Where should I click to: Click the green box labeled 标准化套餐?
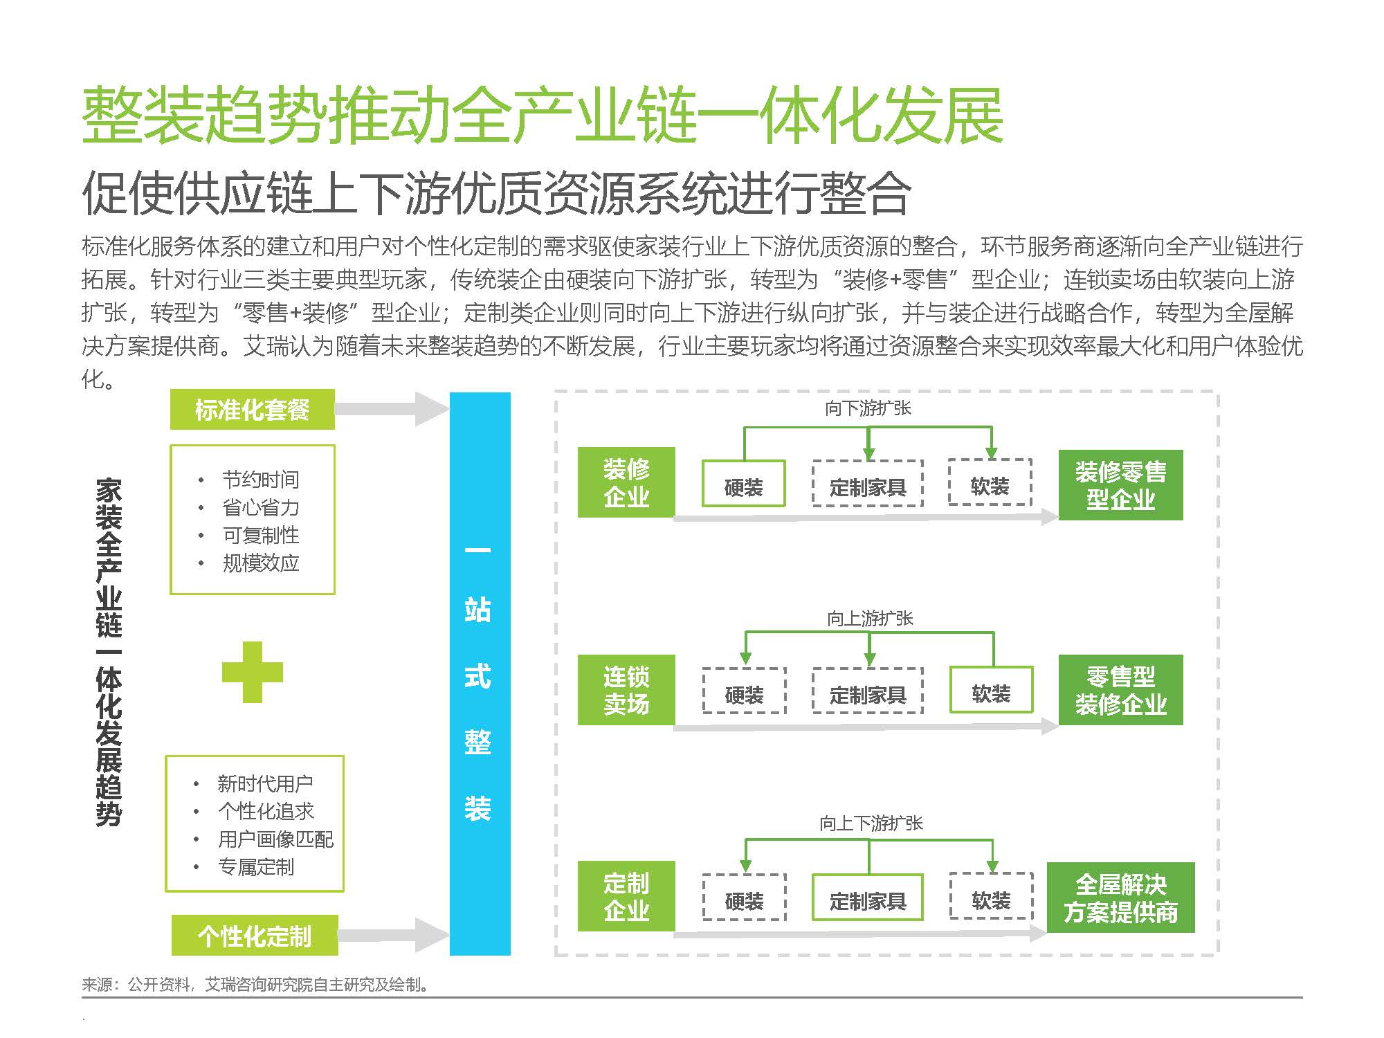pos(253,409)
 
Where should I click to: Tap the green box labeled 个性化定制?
pos(255,935)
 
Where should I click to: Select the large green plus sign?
pos(253,672)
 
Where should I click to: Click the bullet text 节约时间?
pos(261,480)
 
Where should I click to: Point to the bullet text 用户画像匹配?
pos(275,839)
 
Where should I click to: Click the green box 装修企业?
pos(626,482)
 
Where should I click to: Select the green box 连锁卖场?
pos(626,690)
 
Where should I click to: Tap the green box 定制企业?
pos(626,896)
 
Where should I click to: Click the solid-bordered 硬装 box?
pos(744,484)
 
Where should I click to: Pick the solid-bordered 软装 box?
pos(991,690)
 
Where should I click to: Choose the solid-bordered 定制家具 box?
pos(868,898)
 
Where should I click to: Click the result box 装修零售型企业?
pos(1121,485)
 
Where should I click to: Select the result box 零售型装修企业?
pos(1121,690)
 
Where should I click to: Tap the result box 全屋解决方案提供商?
pos(1121,898)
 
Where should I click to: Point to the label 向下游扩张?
pos(868,408)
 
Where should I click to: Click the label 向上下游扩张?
pos(871,823)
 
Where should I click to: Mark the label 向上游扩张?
pos(870,618)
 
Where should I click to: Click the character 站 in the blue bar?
pos(477,610)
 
